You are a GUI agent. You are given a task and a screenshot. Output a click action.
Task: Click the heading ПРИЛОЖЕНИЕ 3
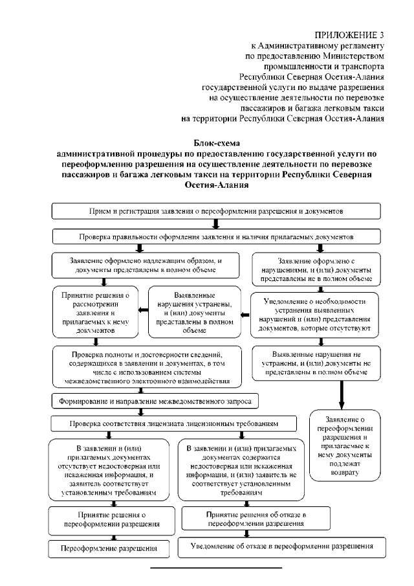(349, 34)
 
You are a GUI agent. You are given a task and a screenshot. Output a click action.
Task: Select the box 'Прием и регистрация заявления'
(216, 211)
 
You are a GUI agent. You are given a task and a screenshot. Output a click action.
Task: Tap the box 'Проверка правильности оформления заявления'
(216, 237)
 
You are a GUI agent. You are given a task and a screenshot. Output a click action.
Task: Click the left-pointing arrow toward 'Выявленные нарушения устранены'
(244, 315)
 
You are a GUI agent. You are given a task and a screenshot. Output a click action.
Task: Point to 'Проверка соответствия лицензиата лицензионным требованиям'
(174, 423)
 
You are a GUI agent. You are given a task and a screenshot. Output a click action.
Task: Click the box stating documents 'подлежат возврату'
(343, 446)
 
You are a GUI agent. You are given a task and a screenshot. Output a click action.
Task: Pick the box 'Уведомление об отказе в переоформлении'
(283, 547)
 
